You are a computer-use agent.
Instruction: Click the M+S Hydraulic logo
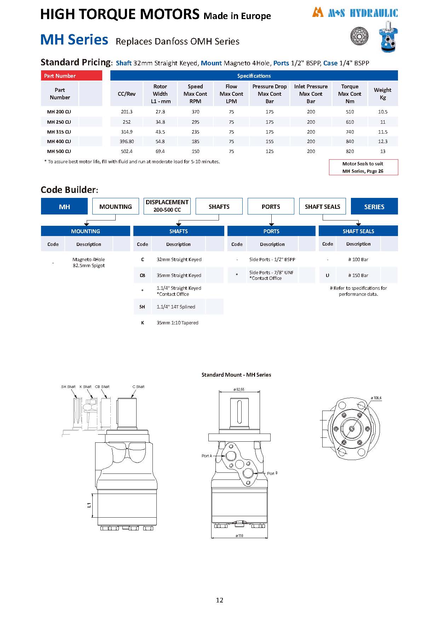(x=355, y=13)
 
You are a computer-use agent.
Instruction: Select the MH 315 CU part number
(x=59, y=132)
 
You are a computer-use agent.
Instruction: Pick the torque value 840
(x=350, y=141)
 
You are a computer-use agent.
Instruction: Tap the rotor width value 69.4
(x=160, y=151)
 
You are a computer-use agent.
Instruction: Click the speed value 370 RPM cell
(x=195, y=112)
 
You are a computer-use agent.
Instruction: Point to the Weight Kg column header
(x=382, y=94)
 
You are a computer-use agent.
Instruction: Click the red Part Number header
(x=71, y=76)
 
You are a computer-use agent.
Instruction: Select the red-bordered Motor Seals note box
(x=363, y=167)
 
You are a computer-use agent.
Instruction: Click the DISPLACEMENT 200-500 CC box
(x=167, y=206)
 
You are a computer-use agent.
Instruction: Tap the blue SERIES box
(x=374, y=207)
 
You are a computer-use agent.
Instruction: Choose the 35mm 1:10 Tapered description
(x=177, y=323)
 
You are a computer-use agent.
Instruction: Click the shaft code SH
(x=142, y=307)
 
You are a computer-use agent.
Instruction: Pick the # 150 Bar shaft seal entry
(x=358, y=275)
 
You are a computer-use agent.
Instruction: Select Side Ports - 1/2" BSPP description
(x=272, y=259)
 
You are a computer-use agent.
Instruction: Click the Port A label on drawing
(x=207, y=456)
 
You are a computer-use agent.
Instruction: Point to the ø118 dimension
(x=239, y=536)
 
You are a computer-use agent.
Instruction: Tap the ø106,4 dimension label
(x=376, y=398)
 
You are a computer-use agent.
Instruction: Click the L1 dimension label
(x=89, y=505)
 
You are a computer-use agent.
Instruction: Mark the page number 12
(x=219, y=600)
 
